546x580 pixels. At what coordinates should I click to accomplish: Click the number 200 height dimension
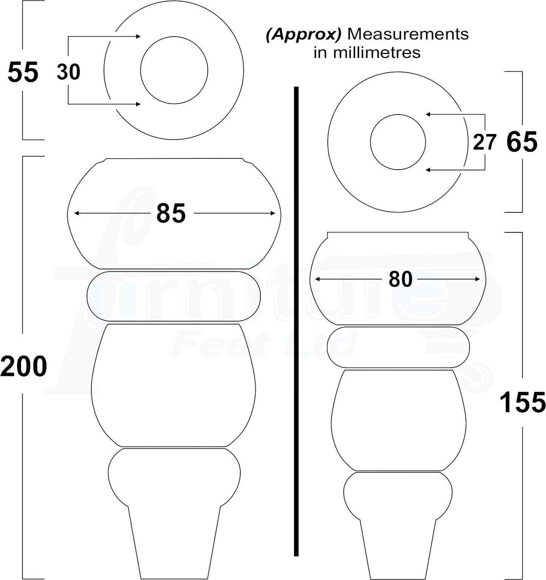23,367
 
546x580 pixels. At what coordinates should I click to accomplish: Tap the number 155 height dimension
522,402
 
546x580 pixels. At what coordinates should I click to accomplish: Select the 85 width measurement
171,213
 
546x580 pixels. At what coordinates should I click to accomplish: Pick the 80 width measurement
400,280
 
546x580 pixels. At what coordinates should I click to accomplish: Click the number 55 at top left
23,73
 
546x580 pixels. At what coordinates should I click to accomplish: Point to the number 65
521,142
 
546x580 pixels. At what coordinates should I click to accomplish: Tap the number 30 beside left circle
68,72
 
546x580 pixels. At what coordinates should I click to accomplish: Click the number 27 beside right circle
484,142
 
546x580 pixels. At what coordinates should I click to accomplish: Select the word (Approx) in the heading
303,34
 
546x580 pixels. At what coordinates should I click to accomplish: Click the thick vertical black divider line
296,321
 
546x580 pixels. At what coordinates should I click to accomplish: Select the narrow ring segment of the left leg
173,297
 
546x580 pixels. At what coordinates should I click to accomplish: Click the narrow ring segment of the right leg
398,347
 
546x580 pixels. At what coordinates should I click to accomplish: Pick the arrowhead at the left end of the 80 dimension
318,279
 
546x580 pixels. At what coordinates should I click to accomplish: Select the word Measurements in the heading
408,34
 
